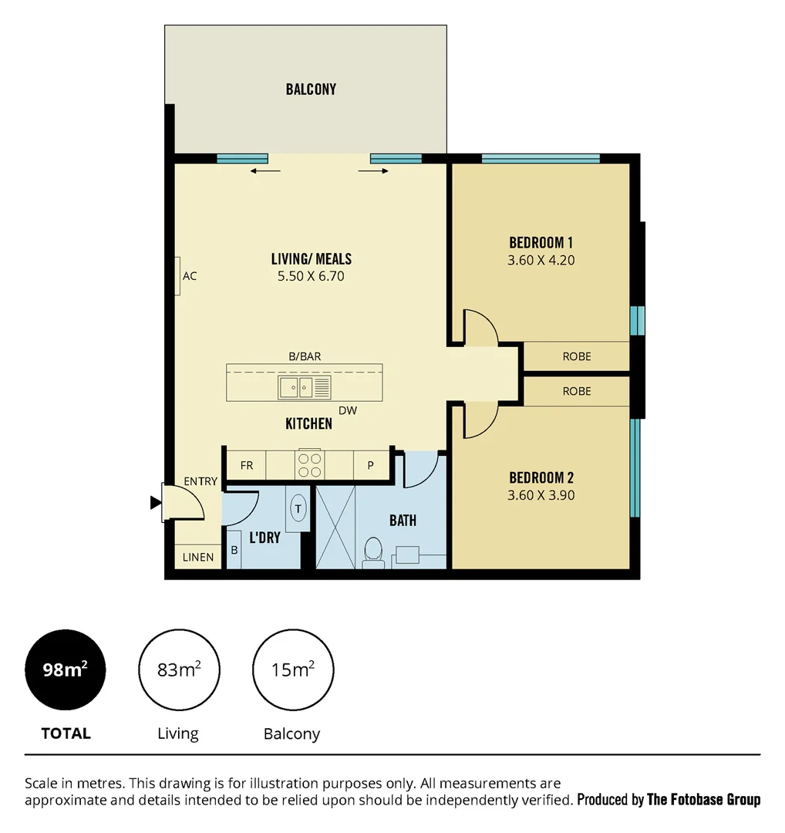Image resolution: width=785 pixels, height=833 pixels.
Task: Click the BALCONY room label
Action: tap(311, 89)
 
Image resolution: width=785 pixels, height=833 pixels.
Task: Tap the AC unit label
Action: tap(190, 275)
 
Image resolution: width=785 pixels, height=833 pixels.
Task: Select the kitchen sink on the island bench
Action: tap(296, 387)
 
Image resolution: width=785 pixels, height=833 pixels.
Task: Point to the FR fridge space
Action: tap(247, 465)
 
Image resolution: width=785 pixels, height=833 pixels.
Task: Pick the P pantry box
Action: tap(370, 465)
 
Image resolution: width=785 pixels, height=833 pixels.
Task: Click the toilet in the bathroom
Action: tap(373, 551)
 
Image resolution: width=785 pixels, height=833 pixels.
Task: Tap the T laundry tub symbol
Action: tap(298, 508)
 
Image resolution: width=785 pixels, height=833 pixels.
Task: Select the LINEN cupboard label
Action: tap(198, 557)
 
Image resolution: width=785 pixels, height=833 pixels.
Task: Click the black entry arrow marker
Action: tap(155, 503)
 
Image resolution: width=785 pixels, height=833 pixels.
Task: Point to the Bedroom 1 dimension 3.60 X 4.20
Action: tap(541, 261)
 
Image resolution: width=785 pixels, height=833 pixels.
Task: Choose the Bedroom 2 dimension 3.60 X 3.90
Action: tap(541, 496)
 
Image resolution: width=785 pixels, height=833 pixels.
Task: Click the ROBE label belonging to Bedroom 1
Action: tap(577, 356)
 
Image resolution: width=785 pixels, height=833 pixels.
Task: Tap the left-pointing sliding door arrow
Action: tap(265, 171)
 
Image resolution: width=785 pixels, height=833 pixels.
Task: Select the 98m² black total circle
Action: tap(65, 669)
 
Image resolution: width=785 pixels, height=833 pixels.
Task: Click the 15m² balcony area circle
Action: tap(292, 669)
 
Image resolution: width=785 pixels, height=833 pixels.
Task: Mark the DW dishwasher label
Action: tap(348, 410)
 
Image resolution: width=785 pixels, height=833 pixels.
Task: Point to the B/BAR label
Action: tap(305, 356)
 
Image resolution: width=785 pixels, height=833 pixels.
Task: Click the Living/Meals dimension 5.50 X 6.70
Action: tap(311, 275)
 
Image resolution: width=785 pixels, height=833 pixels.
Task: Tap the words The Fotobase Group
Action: tap(703, 799)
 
